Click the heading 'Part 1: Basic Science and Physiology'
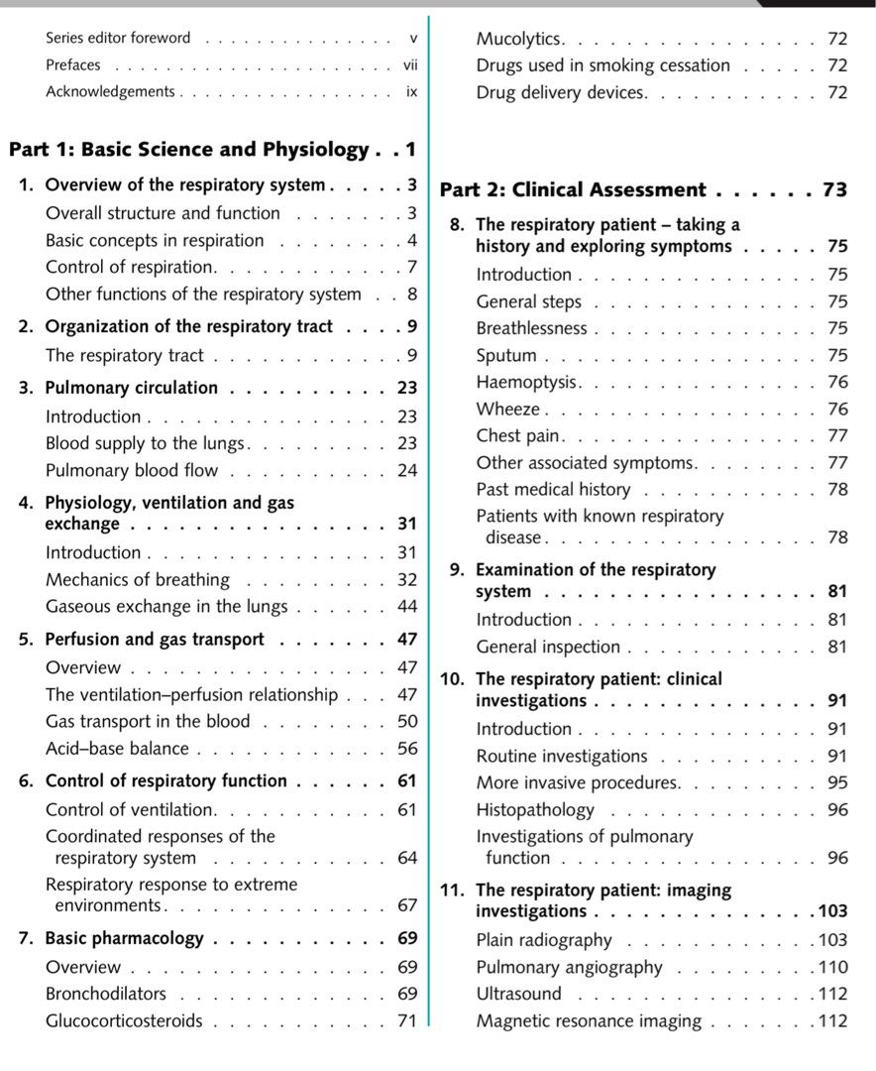pyautogui.click(x=188, y=150)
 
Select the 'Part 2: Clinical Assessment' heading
pyautogui.click(x=572, y=189)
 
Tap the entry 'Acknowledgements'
pyautogui.click(x=110, y=91)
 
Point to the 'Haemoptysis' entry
pyautogui.click(x=526, y=382)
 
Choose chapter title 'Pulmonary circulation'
pyautogui.click(x=132, y=388)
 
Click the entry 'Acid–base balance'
pyautogui.click(x=118, y=749)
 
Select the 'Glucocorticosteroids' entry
pyautogui.click(x=124, y=1020)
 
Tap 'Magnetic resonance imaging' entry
pyautogui.click(x=588, y=1020)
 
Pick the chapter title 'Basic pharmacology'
pyautogui.click(x=125, y=938)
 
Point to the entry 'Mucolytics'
pyautogui.click(x=519, y=39)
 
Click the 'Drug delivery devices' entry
pyautogui.click(x=560, y=92)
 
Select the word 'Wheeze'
pyautogui.click(x=507, y=409)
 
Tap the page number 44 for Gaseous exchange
pyautogui.click(x=407, y=606)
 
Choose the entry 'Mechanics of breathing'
pyautogui.click(x=138, y=579)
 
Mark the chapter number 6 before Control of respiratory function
pyautogui.click(x=25, y=780)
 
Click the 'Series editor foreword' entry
pyautogui.click(x=118, y=38)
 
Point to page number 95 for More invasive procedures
pyautogui.click(x=837, y=782)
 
